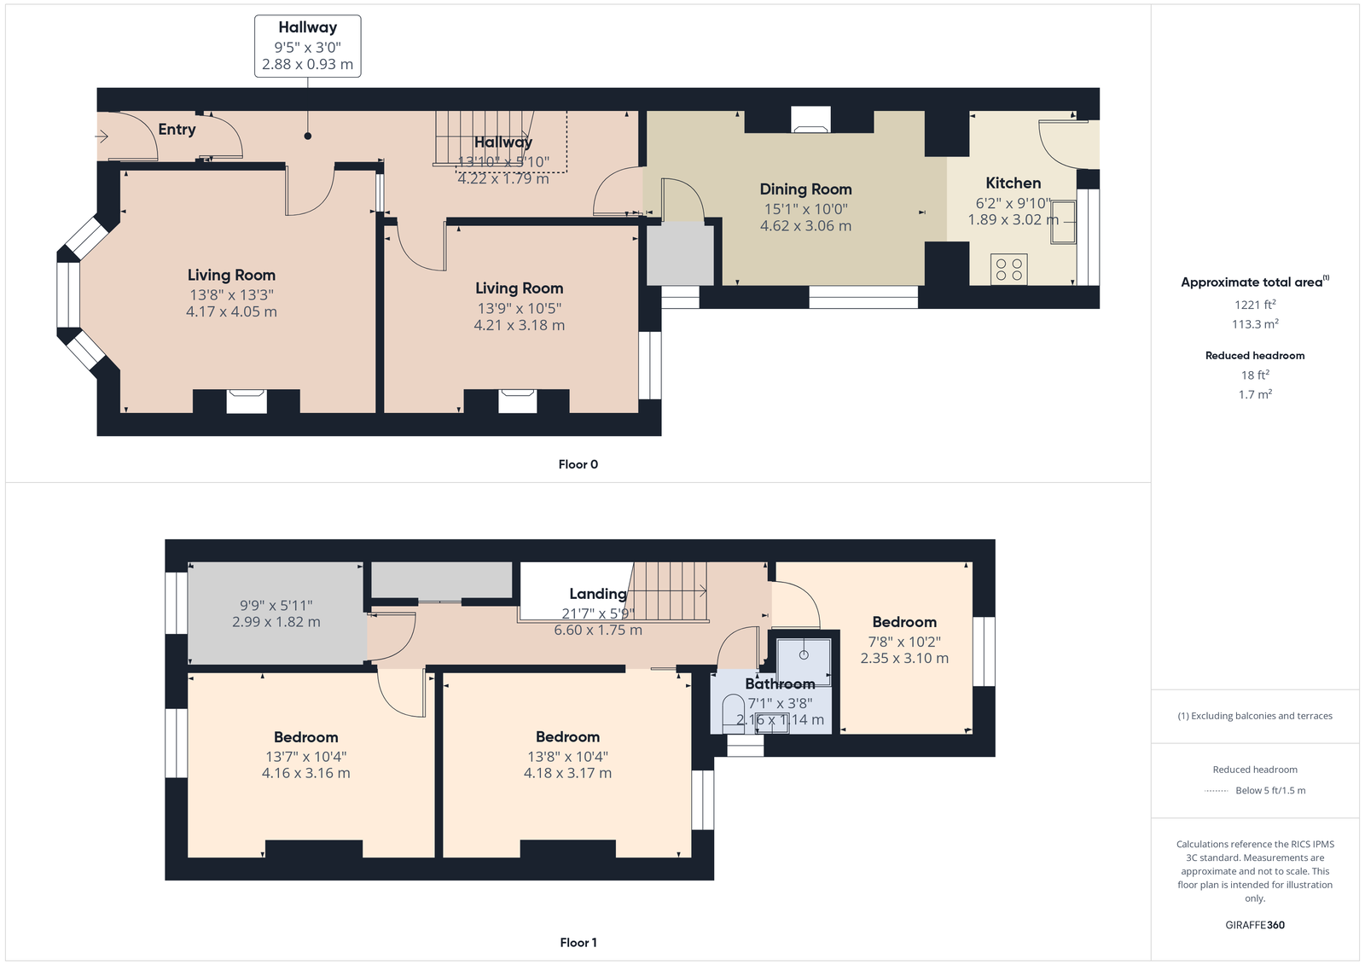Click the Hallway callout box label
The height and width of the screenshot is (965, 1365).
click(x=308, y=27)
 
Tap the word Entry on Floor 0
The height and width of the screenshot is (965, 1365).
click(x=177, y=129)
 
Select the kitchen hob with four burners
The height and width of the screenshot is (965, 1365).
click(x=1008, y=270)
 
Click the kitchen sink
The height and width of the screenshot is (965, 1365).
click(x=1063, y=222)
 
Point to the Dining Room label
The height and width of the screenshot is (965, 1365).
click(x=805, y=189)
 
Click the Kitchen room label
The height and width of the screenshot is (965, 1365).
click(x=1013, y=183)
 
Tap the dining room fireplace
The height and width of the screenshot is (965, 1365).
click(x=810, y=119)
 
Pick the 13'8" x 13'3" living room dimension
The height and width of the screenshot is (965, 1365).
click(x=231, y=295)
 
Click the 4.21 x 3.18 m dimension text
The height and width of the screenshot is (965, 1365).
click(x=520, y=326)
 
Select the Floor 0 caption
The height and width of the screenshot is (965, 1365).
click(x=578, y=464)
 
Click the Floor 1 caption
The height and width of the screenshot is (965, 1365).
click(x=578, y=943)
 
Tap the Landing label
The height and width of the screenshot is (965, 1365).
click(x=598, y=594)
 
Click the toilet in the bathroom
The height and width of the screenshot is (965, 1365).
click(x=733, y=716)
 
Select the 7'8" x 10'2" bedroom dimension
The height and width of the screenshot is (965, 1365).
click(x=904, y=642)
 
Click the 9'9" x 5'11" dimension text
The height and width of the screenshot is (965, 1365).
click(x=276, y=605)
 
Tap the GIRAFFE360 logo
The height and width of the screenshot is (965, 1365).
click(x=1255, y=925)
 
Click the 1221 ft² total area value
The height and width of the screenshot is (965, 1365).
click(x=1255, y=305)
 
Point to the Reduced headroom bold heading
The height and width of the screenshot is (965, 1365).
click(x=1255, y=356)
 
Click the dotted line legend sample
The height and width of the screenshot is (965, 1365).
click(x=1216, y=791)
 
